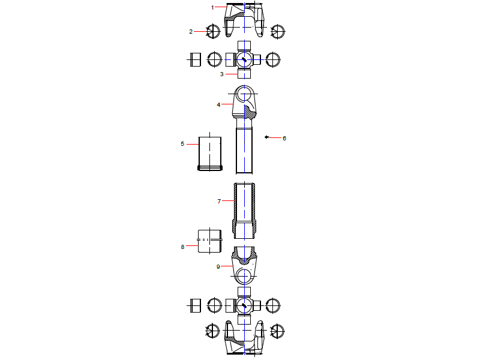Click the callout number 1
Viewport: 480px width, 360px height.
212,7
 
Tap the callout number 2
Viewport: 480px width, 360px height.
191,31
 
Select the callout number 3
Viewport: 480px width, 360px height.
221,74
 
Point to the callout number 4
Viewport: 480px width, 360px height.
218,104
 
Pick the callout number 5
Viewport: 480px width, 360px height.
182,144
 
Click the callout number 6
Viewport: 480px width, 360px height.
284,138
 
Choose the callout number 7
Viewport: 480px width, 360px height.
219,202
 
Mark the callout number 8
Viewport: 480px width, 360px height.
182,246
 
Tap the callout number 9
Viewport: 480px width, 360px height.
218,266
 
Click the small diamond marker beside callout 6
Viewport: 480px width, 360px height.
266,137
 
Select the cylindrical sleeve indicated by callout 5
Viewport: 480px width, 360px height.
210,154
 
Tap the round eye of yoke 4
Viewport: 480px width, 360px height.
244,94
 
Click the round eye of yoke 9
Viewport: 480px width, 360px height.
244,275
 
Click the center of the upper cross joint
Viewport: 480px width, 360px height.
244,59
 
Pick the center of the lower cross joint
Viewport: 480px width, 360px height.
244,305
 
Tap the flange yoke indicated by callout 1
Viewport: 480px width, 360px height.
244,18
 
